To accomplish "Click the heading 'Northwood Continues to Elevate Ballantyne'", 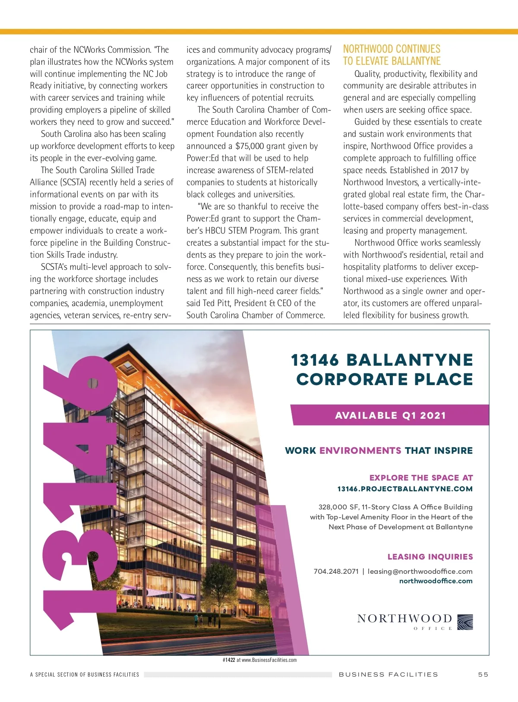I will (x=392, y=55).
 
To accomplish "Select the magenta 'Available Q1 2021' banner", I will (x=390, y=415).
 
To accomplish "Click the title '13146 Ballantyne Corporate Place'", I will (x=382, y=370).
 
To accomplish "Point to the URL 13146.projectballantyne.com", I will (x=405, y=489).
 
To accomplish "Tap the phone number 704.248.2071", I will (x=336, y=571).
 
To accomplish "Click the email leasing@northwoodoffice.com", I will (x=420, y=571).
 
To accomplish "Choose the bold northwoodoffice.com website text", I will (x=436, y=581).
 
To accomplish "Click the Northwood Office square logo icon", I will (x=465, y=622).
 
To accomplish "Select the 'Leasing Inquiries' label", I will (x=430, y=557).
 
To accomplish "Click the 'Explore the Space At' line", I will (x=421, y=478).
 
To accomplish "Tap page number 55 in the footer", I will (x=483, y=674).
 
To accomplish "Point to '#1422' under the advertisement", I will (x=229, y=660).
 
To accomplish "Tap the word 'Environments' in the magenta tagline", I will (x=360, y=451).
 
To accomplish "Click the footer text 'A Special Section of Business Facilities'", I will (x=85, y=674).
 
